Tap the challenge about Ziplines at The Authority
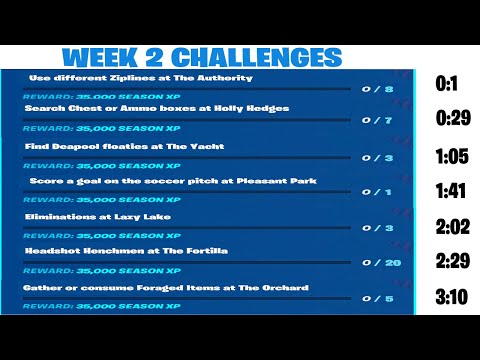coord(140,77)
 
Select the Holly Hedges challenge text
coord(157,109)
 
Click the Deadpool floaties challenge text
coord(125,146)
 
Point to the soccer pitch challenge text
coord(173,181)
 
